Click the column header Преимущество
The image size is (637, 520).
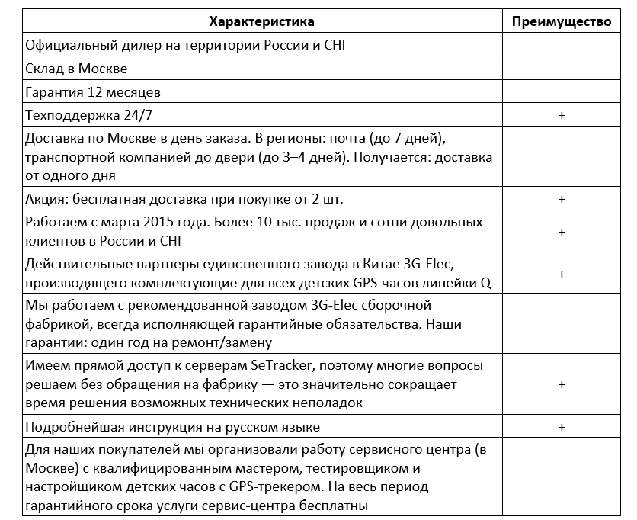click(x=562, y=21)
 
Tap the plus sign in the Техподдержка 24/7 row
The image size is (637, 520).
click(x=562, y=115)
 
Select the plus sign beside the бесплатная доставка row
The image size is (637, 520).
click(x=562, y=199)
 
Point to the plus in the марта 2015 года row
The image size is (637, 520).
click(x=562, y=231)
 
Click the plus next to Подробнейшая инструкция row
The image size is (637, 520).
click(x=562, y=426)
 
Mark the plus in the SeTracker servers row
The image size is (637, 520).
click(x=562, y=384)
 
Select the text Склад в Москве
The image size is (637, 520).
click(x=76, y=69)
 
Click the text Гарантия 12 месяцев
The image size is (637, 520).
click(x=93, y=92)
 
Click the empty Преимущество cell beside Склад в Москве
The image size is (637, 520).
click(x=562, y=69)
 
